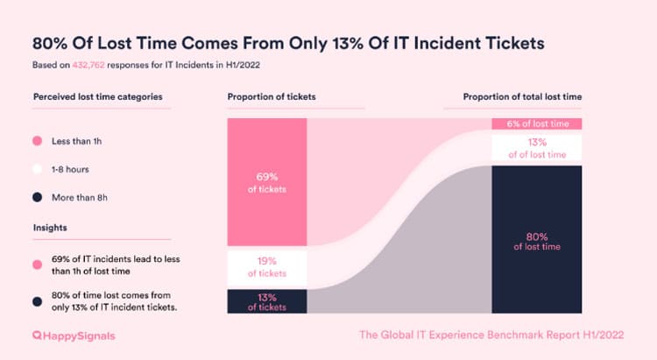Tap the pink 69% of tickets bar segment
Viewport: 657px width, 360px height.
267,182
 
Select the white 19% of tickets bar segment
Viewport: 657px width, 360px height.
267,266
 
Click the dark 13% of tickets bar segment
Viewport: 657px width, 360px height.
267,300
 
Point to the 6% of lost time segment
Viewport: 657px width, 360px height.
537,124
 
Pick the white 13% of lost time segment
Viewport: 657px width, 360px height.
537,147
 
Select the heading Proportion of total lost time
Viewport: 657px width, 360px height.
522,95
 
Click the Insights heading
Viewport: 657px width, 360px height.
51,229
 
